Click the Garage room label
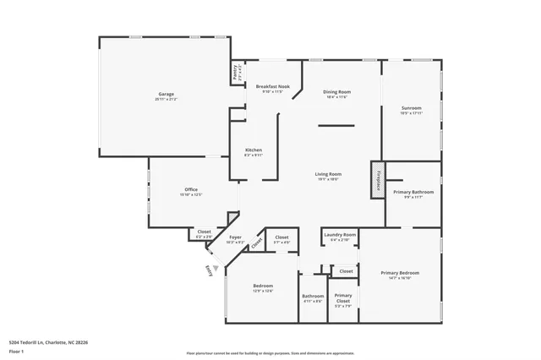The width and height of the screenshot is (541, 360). click(166, 95)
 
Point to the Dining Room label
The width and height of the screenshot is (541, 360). click(337, 92)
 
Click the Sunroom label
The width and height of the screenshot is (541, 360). click(412, 109)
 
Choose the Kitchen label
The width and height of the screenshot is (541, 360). click(242, 150)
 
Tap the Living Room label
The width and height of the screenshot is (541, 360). click(328, 175)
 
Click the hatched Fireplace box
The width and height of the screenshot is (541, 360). click(375, 179)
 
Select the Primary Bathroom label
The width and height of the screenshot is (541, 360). click(413, 194)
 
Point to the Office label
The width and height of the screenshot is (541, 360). click(191, 190)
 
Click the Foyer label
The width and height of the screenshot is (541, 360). click(236, 239)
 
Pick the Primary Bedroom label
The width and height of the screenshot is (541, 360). click(399, 275)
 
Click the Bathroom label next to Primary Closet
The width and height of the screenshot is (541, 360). click(313, 297)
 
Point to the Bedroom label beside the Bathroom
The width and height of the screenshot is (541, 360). click(263, 288)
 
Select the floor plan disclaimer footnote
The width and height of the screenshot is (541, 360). click(270, 353)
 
